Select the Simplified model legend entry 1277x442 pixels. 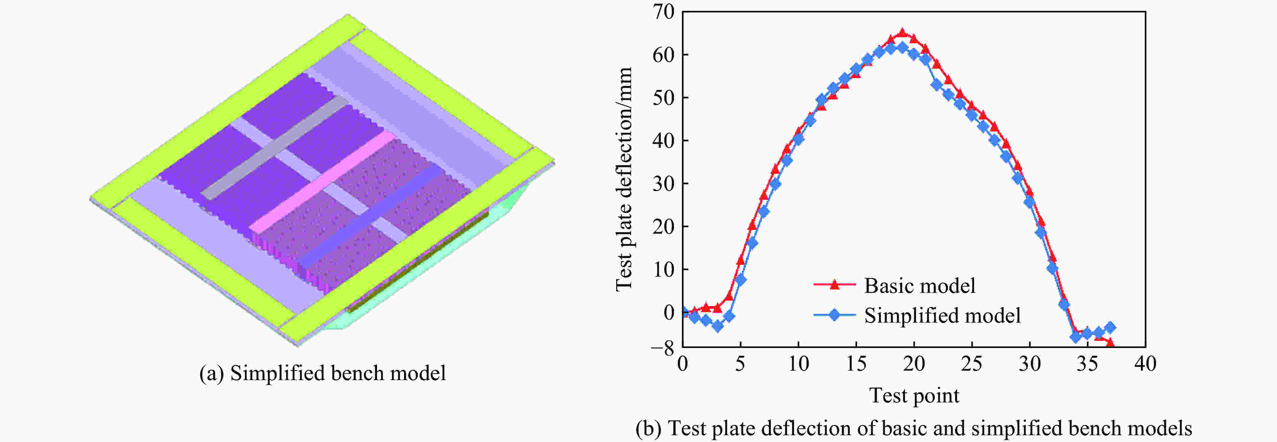coord(942,316)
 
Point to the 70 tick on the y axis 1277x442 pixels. coord(663,11)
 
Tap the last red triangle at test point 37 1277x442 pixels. coord(1110,342)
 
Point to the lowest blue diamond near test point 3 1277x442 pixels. coord(717,326)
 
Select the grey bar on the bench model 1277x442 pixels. coord(275,149)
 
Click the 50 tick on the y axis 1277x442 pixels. coord(663,98)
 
